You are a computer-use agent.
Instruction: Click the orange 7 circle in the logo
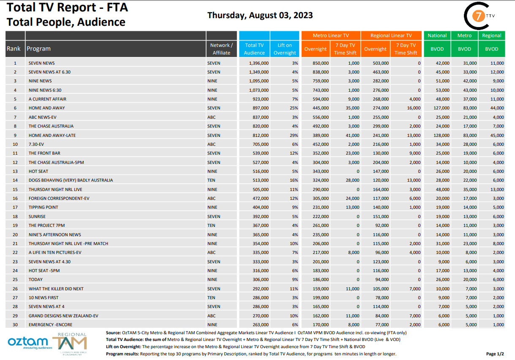478,16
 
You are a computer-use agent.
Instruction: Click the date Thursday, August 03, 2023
260,15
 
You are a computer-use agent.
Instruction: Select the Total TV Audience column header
254,49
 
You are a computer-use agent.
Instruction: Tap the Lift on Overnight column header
285,49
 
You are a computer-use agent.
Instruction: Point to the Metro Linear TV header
331,35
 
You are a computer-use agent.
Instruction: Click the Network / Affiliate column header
221,49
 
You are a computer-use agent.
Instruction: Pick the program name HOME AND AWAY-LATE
52,135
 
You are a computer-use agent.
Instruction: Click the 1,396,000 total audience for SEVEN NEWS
259,63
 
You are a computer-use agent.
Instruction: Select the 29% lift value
294,135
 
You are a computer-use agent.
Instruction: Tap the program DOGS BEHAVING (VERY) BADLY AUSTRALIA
71,180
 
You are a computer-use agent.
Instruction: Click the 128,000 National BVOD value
441,135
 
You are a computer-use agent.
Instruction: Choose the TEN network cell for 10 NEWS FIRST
211,297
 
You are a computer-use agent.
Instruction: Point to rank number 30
15,325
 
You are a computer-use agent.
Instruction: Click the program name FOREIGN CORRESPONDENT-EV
59,198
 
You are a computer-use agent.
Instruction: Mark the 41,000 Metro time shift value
352,135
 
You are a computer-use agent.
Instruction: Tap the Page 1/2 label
495,354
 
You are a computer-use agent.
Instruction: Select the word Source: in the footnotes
113,333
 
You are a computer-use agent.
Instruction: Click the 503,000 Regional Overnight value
381,63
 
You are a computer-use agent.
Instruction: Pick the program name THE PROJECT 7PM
46,225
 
